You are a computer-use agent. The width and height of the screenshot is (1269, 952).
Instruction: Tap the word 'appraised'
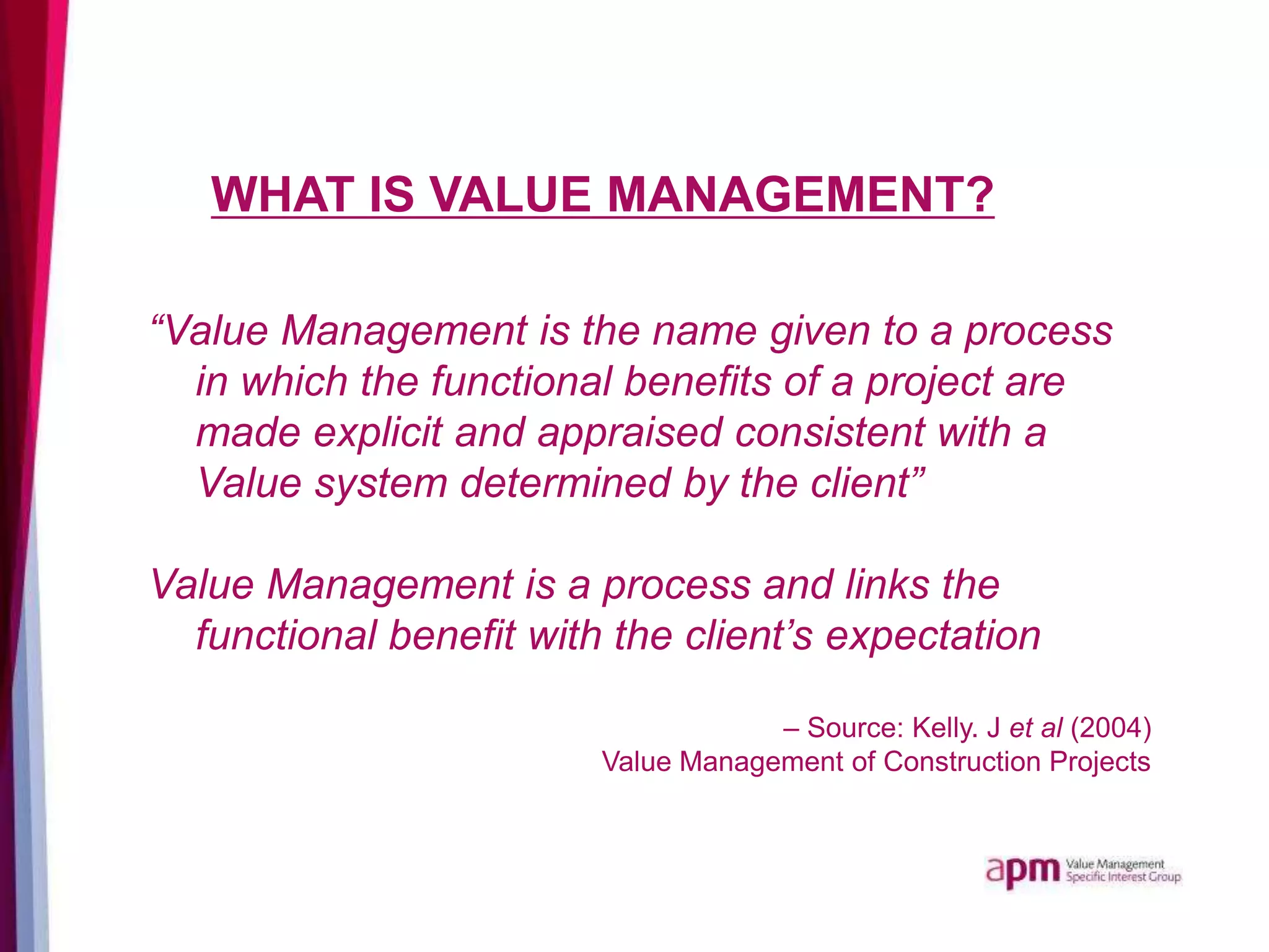[x=630, y=433]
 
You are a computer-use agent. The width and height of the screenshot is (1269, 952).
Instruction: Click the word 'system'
[x=380, y=483]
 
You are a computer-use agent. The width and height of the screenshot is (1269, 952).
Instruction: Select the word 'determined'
[x=564, y=483]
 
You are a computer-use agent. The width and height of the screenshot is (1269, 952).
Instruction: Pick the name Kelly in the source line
[x=946, y=728]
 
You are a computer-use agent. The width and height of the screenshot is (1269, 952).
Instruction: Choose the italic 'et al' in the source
[x=1035, y=728]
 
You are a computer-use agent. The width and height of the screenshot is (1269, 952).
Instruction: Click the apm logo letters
[x=1022, y=871]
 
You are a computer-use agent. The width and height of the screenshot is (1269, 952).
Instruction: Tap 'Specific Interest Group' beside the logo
[x=1123, y=877]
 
